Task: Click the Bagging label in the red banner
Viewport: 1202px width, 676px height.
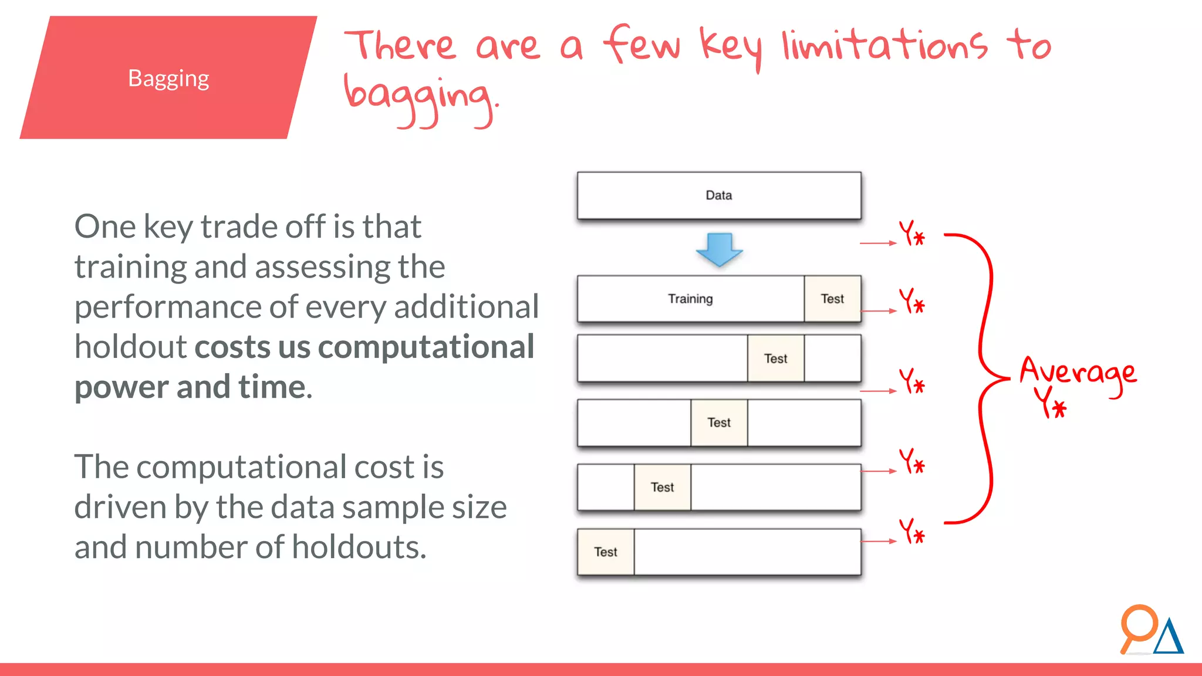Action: [168, 79]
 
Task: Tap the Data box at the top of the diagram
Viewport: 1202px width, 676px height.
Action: [718, 195]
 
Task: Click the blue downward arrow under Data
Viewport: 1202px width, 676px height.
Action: [719, 249]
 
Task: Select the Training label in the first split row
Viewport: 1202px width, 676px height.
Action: [690, 299]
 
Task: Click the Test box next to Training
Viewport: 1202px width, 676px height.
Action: [832, 299]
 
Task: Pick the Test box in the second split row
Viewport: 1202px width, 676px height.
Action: [775, 359]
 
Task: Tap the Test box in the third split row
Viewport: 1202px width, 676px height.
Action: [719, 422]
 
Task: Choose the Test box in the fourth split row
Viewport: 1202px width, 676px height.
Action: [662, 487]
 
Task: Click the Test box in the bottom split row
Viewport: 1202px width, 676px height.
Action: [605, 552]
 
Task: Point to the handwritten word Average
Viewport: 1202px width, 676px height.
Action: [1078, 373]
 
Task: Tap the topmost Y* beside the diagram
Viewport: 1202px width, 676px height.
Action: [911, 234]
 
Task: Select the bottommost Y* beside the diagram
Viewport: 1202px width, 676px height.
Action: [911, 531]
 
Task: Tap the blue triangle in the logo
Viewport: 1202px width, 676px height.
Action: [1169, 638]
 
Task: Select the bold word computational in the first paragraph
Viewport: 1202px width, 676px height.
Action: [426, 347]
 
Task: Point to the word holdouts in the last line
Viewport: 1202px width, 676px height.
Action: [359, 547]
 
